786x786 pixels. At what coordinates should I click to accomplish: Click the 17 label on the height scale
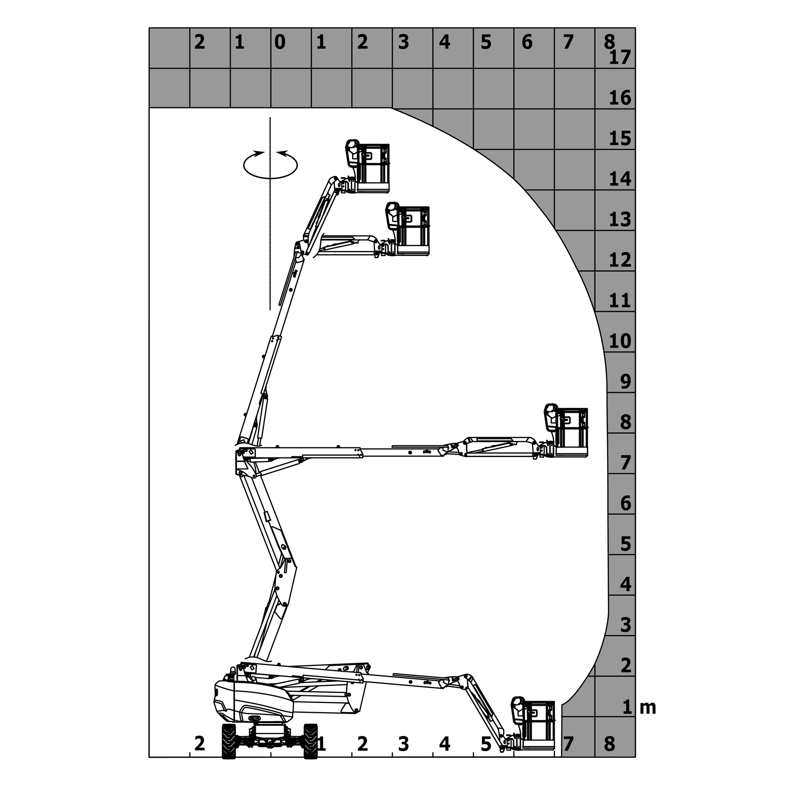pyautogui.click(x=620, y=57)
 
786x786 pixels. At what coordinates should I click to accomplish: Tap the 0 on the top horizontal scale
pyautogui.click(x=280, y=42)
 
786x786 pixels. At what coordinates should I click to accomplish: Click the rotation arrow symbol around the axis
pyautogui.click(x=270, y=164)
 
